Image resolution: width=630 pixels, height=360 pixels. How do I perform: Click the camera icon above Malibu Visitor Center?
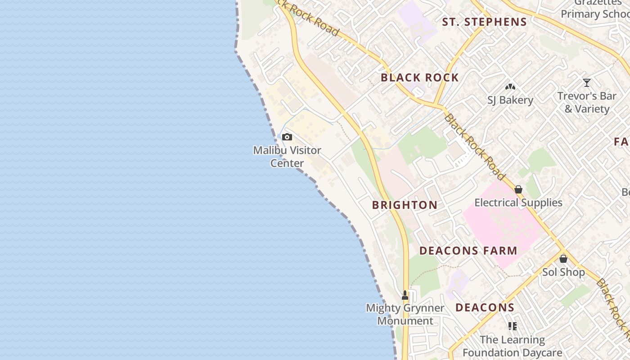coord(287,137)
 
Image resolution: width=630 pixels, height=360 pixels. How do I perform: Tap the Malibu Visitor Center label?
coord(287,157)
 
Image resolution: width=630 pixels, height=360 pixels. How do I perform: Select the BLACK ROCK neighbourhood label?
coord(419,77)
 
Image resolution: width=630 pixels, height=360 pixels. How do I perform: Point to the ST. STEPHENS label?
coord(484,22)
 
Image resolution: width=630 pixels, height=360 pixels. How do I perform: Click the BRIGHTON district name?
coord(405,205)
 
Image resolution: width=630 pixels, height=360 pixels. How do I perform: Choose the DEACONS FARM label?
coord(468,251)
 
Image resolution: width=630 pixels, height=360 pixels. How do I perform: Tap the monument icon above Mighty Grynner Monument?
coord(405,295)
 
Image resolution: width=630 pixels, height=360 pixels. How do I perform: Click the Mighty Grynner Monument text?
coord(405,314)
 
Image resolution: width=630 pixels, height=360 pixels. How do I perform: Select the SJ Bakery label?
coord(510,100)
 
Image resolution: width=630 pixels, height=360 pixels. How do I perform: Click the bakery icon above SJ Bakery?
coord(510,86)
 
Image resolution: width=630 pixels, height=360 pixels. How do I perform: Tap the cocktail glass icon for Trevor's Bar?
coord(587,83)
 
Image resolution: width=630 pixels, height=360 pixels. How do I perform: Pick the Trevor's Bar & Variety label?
coord(587,103)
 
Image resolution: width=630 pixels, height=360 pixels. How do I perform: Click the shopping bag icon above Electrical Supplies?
coord(518,189)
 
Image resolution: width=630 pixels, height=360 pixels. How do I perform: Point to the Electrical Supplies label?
coord(518,202)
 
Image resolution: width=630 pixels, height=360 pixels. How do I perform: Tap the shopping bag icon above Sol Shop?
coord(563,259)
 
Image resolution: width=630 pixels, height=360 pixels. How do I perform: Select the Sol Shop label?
coord(563,272)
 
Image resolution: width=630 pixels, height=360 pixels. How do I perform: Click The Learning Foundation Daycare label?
coord(513,346)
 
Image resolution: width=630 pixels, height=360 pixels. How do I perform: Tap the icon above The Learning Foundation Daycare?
coord(512,326)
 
